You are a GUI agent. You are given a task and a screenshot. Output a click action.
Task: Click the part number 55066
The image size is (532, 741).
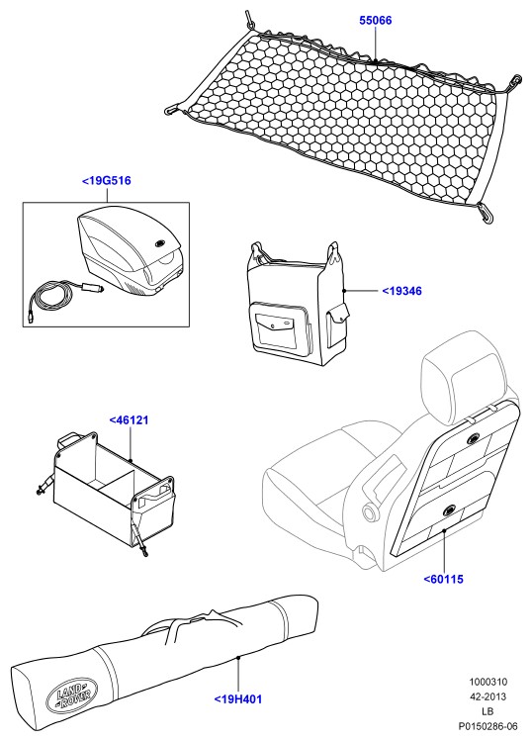tap(375, 21)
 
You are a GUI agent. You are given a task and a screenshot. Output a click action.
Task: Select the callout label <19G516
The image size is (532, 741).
tap(107, 180)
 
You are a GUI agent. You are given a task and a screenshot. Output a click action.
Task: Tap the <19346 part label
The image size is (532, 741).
tap(401, 291)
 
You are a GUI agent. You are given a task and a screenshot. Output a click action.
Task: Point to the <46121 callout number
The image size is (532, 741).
tap(129, 419)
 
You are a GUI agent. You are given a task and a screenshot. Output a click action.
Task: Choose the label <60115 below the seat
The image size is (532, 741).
tap(444, 579)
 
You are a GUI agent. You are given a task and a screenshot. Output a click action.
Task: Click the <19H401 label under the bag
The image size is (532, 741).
tap(237, 698)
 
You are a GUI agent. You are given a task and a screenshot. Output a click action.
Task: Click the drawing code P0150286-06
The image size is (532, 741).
tap(488, 726)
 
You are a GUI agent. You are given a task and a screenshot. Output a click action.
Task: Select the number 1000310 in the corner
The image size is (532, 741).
tap(488, 682)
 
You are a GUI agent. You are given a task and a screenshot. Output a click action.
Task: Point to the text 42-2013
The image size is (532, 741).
tap(488, 696)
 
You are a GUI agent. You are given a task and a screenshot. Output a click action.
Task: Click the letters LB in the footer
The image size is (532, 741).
tap(488, 711)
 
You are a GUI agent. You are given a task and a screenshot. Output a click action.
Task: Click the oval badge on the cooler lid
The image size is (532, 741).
tap(160, 244)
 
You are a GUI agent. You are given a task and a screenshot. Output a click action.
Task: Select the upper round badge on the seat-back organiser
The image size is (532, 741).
tap(473, 439)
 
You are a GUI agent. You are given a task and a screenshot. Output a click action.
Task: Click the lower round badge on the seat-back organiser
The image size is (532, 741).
tap(448, 510)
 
